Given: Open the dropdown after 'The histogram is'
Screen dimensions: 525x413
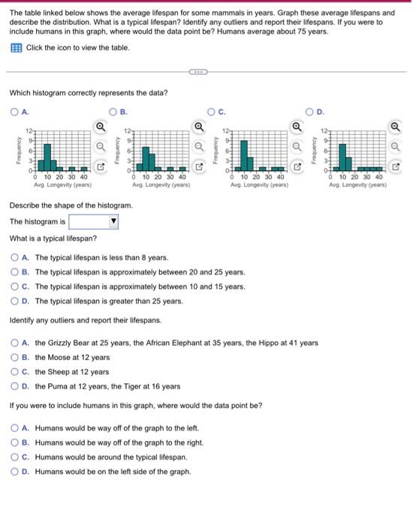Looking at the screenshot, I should click(x=114, y=222).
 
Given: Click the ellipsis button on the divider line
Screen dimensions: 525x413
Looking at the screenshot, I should click(x=197, y=72).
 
